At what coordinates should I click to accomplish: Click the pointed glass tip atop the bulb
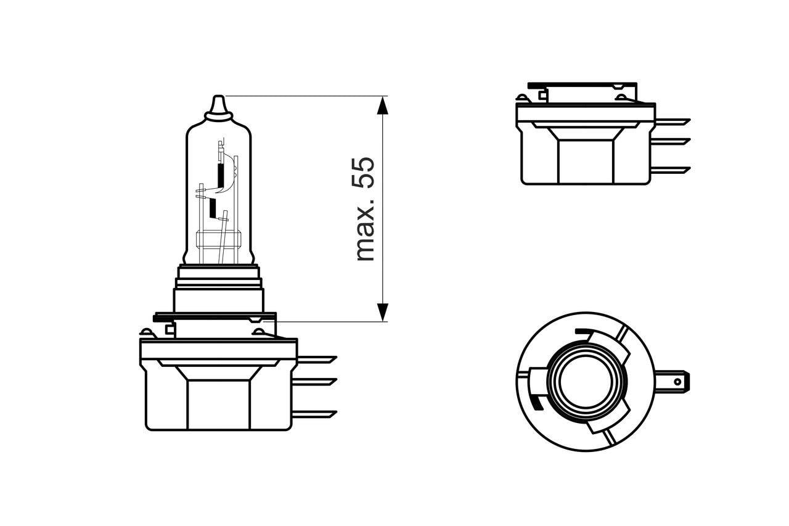(x=219, y=105)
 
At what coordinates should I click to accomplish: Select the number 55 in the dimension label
(x=364, y=173)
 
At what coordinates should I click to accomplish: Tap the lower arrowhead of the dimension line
(x=383, y=312)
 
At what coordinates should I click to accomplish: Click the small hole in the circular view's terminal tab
(x=677, y=382)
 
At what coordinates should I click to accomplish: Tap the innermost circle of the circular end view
(x=583, y=381)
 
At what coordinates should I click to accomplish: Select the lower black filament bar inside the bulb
(x=213, y=209)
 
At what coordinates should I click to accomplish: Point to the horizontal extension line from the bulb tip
(x=302, y=96)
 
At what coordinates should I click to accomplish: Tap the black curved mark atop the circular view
(x=583, y=332)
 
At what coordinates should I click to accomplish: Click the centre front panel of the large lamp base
(x=219, y=404)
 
